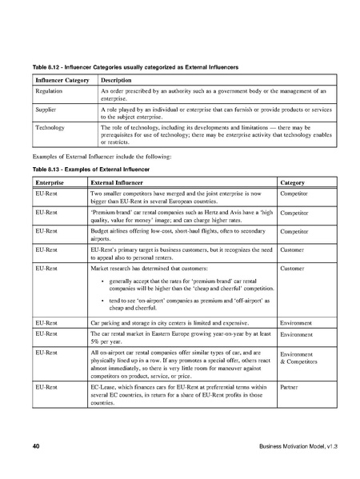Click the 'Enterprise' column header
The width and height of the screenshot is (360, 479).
point(52,183)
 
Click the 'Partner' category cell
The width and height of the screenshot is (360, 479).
point(290,385)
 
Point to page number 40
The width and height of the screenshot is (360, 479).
point(36,445)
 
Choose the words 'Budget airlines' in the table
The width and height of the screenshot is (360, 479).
point(112,230)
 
